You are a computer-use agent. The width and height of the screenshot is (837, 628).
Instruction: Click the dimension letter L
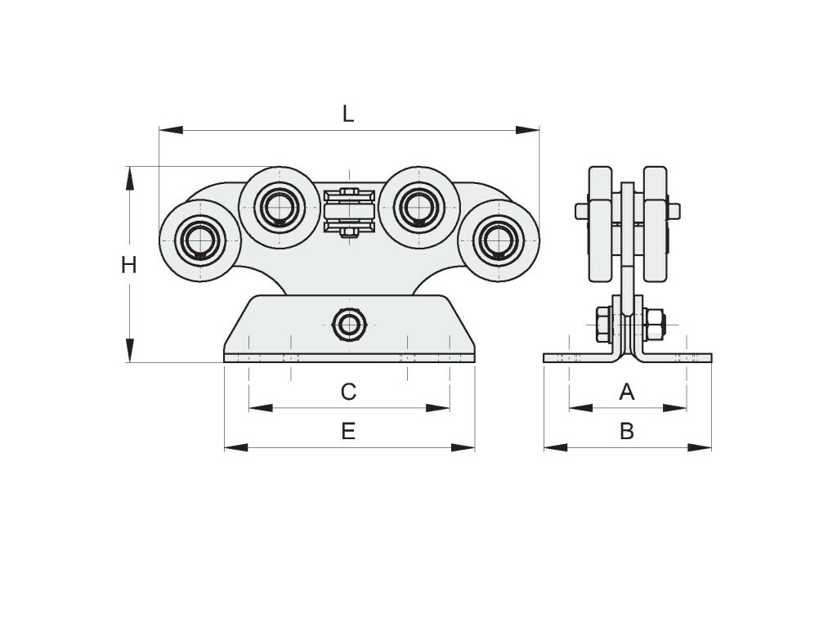coord(348,113)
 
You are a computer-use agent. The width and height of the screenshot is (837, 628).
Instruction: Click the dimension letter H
coord(128,265)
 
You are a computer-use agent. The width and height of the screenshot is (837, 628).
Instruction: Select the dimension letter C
coord(348,392)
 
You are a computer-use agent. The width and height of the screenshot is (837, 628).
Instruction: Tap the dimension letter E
coord(348,431)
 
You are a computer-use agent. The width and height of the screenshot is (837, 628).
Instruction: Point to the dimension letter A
coord(627,392)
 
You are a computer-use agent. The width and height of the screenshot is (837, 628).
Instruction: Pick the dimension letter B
coord(627,431)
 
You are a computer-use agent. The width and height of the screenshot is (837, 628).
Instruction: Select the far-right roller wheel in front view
coord(499,240)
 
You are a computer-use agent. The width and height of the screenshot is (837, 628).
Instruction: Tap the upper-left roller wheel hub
coord(280,207)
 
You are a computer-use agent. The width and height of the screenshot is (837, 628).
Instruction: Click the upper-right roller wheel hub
coord(419,207)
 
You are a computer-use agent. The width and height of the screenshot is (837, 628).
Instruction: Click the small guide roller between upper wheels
coord(350,212)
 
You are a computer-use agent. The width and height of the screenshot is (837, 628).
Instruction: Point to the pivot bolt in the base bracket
coord(350,324)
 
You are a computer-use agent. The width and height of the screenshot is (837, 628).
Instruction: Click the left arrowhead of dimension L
coord(171,130)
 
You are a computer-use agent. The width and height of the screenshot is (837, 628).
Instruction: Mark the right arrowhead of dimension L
coord(527,130)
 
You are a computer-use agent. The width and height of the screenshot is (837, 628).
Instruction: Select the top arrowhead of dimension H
coord(129,178)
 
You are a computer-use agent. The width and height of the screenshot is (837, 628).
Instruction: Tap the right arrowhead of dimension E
coord(463,447)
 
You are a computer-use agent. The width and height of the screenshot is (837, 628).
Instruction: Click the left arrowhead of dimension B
coord(556,447)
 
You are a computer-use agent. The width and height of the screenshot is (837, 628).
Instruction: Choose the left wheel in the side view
coord(600,224)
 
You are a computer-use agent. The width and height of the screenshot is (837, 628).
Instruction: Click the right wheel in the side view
coord(656,224)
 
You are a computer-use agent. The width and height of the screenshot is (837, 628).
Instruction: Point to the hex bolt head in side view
coord(603,324)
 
